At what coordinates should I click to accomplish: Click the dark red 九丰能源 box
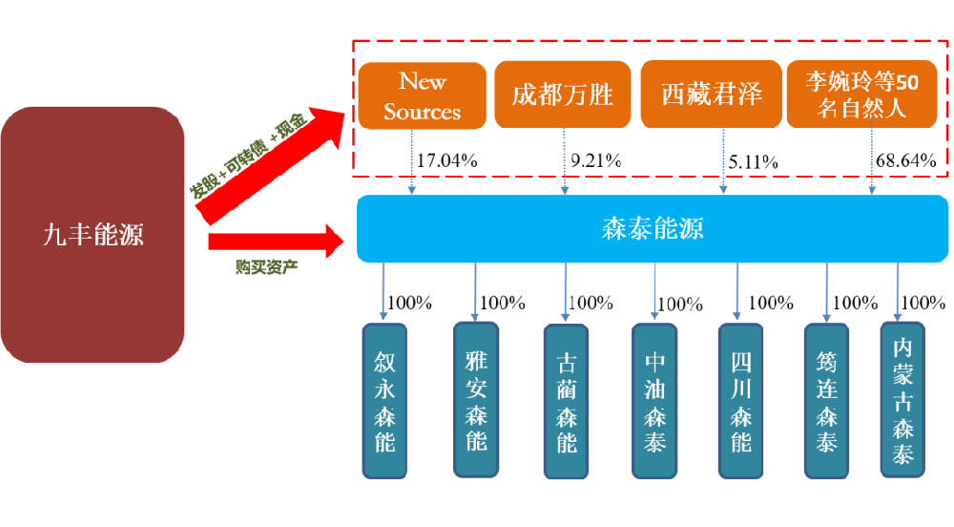[x=93, y=234]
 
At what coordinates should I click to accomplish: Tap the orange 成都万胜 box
[x=563, y=95]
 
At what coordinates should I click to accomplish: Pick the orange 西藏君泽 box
[x=711, y=95]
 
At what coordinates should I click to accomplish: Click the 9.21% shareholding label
[x=596, y=160]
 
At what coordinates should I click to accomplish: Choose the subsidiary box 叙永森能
[x=384, y=401]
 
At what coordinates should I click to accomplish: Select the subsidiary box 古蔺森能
[x=566, y=402]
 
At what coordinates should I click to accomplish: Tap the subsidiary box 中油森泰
[x=654, y=401]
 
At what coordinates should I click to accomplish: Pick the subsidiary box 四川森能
[x=740, y=401]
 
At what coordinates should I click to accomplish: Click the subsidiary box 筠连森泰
[x=826, y=401]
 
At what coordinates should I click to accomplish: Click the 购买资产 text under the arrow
[x=266, y=265]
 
